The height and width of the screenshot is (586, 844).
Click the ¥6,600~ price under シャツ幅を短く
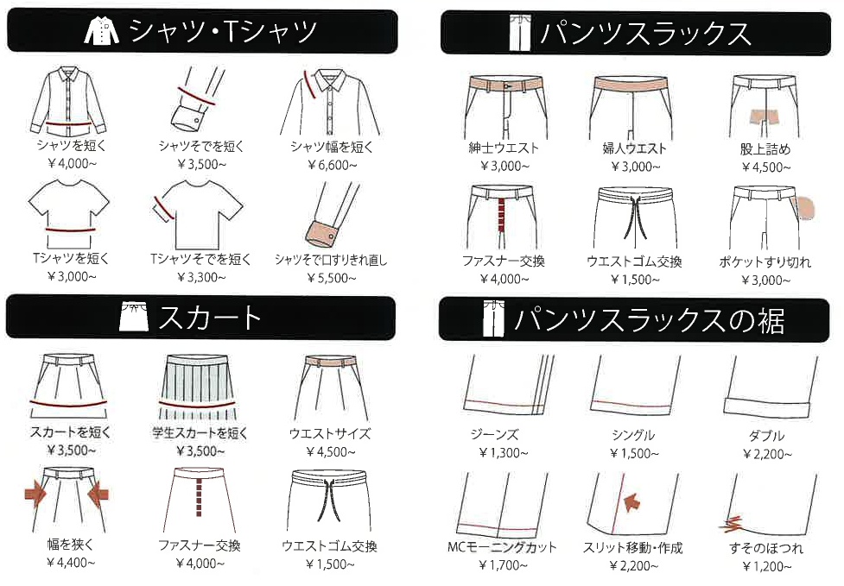332,165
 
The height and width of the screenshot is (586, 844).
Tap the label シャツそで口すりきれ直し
331,261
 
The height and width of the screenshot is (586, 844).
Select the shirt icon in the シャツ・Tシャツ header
102,30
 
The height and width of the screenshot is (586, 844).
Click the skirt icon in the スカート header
134,317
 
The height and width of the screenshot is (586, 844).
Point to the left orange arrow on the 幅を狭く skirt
35,494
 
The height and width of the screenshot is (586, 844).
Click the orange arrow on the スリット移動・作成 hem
632,502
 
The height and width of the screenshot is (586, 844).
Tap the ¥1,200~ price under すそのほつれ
766,566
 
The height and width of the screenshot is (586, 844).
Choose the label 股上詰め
765,149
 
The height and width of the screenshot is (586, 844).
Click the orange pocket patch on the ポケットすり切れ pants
805,208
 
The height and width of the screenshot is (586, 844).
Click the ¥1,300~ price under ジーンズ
504,453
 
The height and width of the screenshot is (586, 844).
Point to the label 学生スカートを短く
200,432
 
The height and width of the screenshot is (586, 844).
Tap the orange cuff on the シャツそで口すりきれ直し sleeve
321,232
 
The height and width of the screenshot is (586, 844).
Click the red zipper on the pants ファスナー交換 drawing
502,215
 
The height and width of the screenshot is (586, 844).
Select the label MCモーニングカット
502,547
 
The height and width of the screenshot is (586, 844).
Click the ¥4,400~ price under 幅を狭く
71,563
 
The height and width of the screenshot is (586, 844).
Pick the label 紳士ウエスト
504,148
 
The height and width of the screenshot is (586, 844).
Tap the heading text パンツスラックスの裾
650,320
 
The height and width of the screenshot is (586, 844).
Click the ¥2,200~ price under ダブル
767,454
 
